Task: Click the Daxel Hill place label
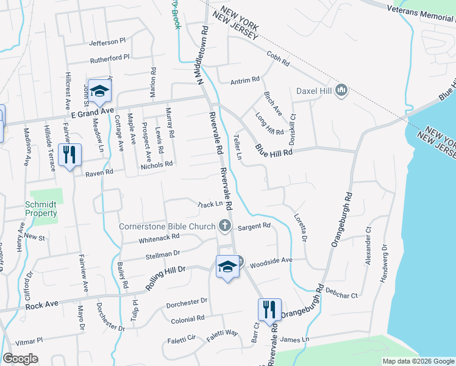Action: (x=313, y=91)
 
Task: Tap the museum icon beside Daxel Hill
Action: (x=341, y=91)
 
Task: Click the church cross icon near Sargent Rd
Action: (x=225, y=226)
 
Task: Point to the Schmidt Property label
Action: (x=41, y=209)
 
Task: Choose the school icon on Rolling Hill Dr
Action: (x=227, y=267)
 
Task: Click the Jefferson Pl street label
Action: (x=107, y=42)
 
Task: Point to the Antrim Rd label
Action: (x=245, y=81)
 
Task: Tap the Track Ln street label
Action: (x=210, y=204)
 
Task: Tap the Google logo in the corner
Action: (x=20, y=359)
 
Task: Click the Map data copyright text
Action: (x=418, y=361)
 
